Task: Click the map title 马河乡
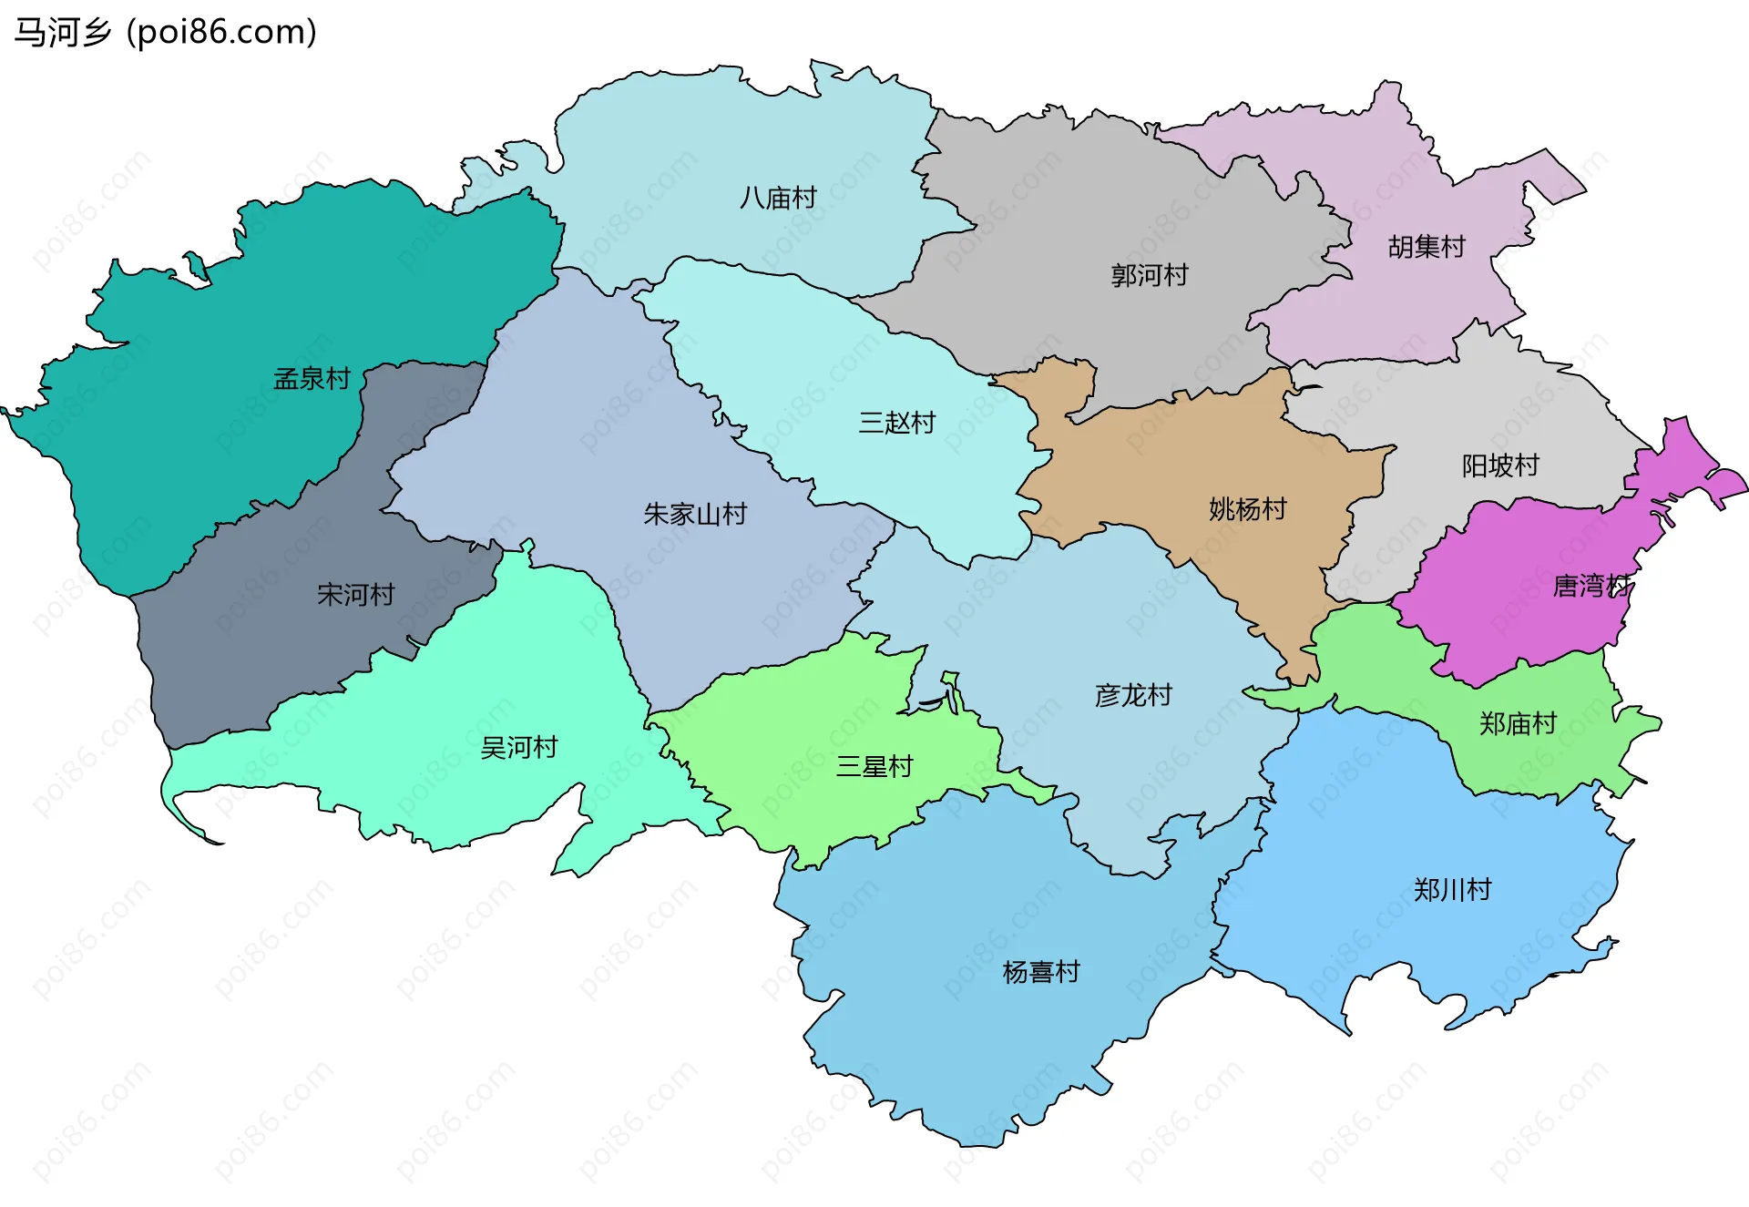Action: pos(62,33)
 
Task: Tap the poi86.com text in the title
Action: pos(221,33)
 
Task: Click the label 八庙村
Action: pos(778,198)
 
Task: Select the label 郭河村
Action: pos(1150,275)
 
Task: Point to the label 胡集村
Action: pos(1427,247)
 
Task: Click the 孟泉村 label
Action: pos(312,379)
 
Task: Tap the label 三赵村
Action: pos(897,423)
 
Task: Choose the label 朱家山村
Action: pos(695,515)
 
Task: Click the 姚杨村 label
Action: pos(1248,509)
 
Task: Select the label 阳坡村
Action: pos(1500,466)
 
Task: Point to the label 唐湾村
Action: pos(1591,586)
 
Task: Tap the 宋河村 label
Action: pos(355,595)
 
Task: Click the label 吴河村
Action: pos(519,748)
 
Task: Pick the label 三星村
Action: pos(874,767)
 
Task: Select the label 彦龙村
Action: pos(1133,696)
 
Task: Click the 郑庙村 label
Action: pos(1518,724)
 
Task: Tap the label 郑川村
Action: pos(1452,890)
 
